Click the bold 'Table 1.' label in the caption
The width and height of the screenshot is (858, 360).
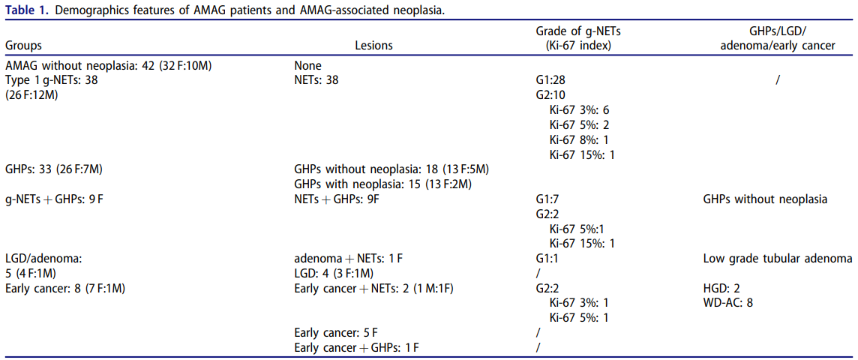click(x=25, y=9)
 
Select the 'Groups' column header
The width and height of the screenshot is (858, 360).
click(x=24, y=46)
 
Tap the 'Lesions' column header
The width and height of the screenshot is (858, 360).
click(x=374, y=46)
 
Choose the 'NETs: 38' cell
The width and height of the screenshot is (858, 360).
click(x=316, y=80)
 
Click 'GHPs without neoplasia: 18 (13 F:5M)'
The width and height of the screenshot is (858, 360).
click(x=391, y=169)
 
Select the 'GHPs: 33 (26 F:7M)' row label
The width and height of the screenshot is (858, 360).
click(x=55, y=169)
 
